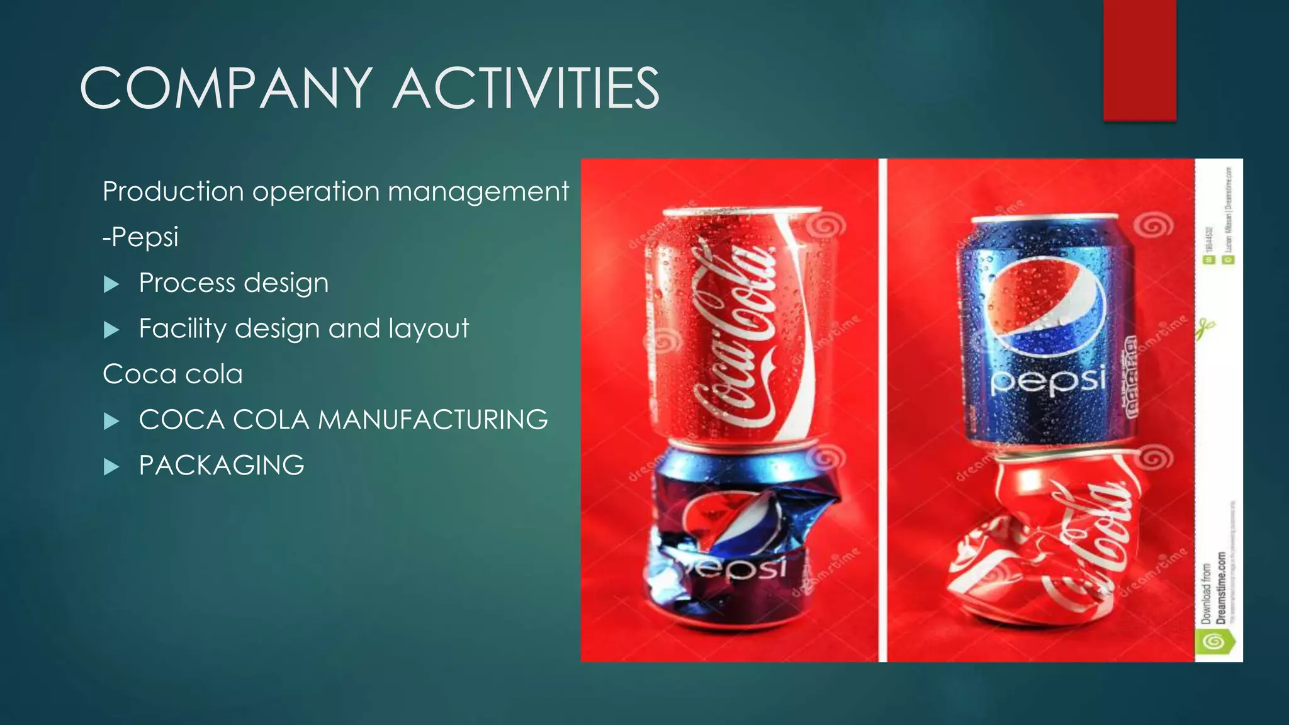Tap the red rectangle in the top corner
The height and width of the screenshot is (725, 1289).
point(1139,60)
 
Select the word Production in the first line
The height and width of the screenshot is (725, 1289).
point(173,191)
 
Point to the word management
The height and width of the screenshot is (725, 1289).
point(478,191)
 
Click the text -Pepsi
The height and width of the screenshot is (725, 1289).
point(141,237)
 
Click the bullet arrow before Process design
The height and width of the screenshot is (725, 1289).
point(111,284)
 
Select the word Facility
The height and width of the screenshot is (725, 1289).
point(183,329)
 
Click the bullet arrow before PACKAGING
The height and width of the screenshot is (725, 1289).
point(111,467)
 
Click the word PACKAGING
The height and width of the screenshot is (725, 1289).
point(222,466)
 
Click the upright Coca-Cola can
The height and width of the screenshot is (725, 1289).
point(733,327)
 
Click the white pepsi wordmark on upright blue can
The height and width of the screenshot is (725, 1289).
point(1048,381)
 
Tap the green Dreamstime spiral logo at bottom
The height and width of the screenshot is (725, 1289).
point(1214,642)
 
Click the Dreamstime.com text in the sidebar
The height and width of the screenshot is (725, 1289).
point(1221,588)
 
